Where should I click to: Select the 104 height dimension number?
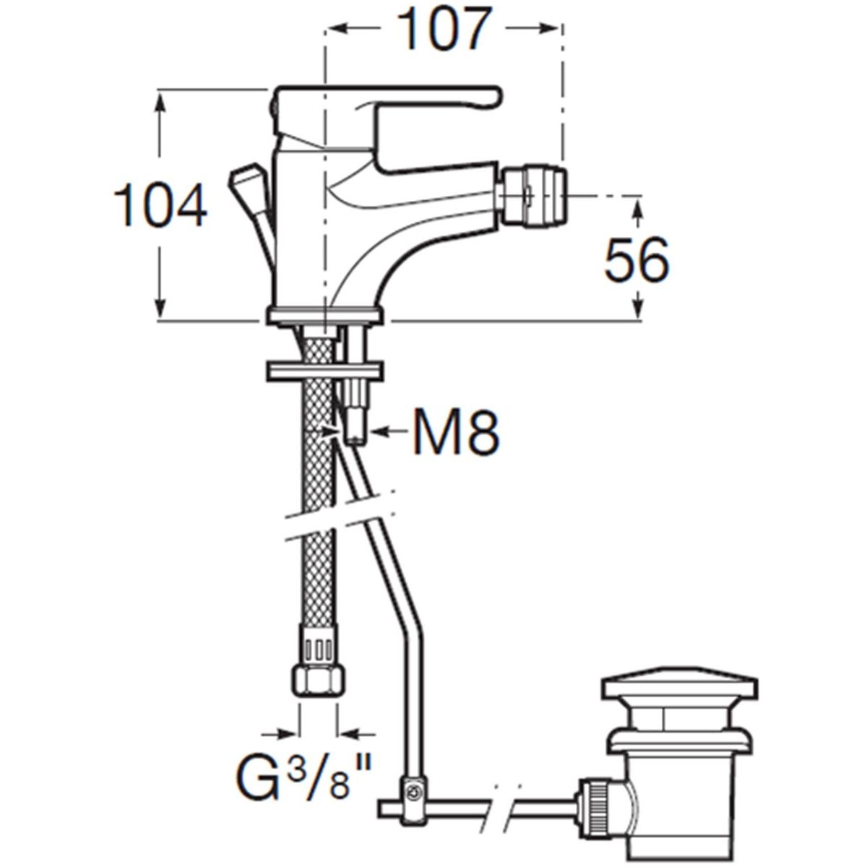click(160, 205)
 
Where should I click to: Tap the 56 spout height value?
click(637, 259)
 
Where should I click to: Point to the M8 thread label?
click(455, 433)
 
